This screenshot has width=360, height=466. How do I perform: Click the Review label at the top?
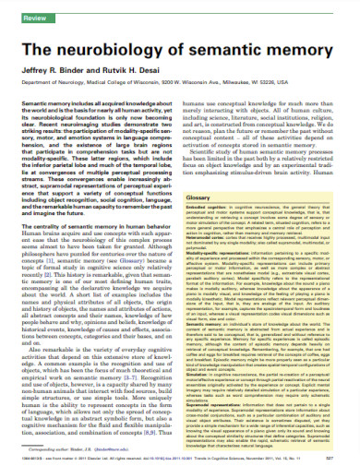18,18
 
